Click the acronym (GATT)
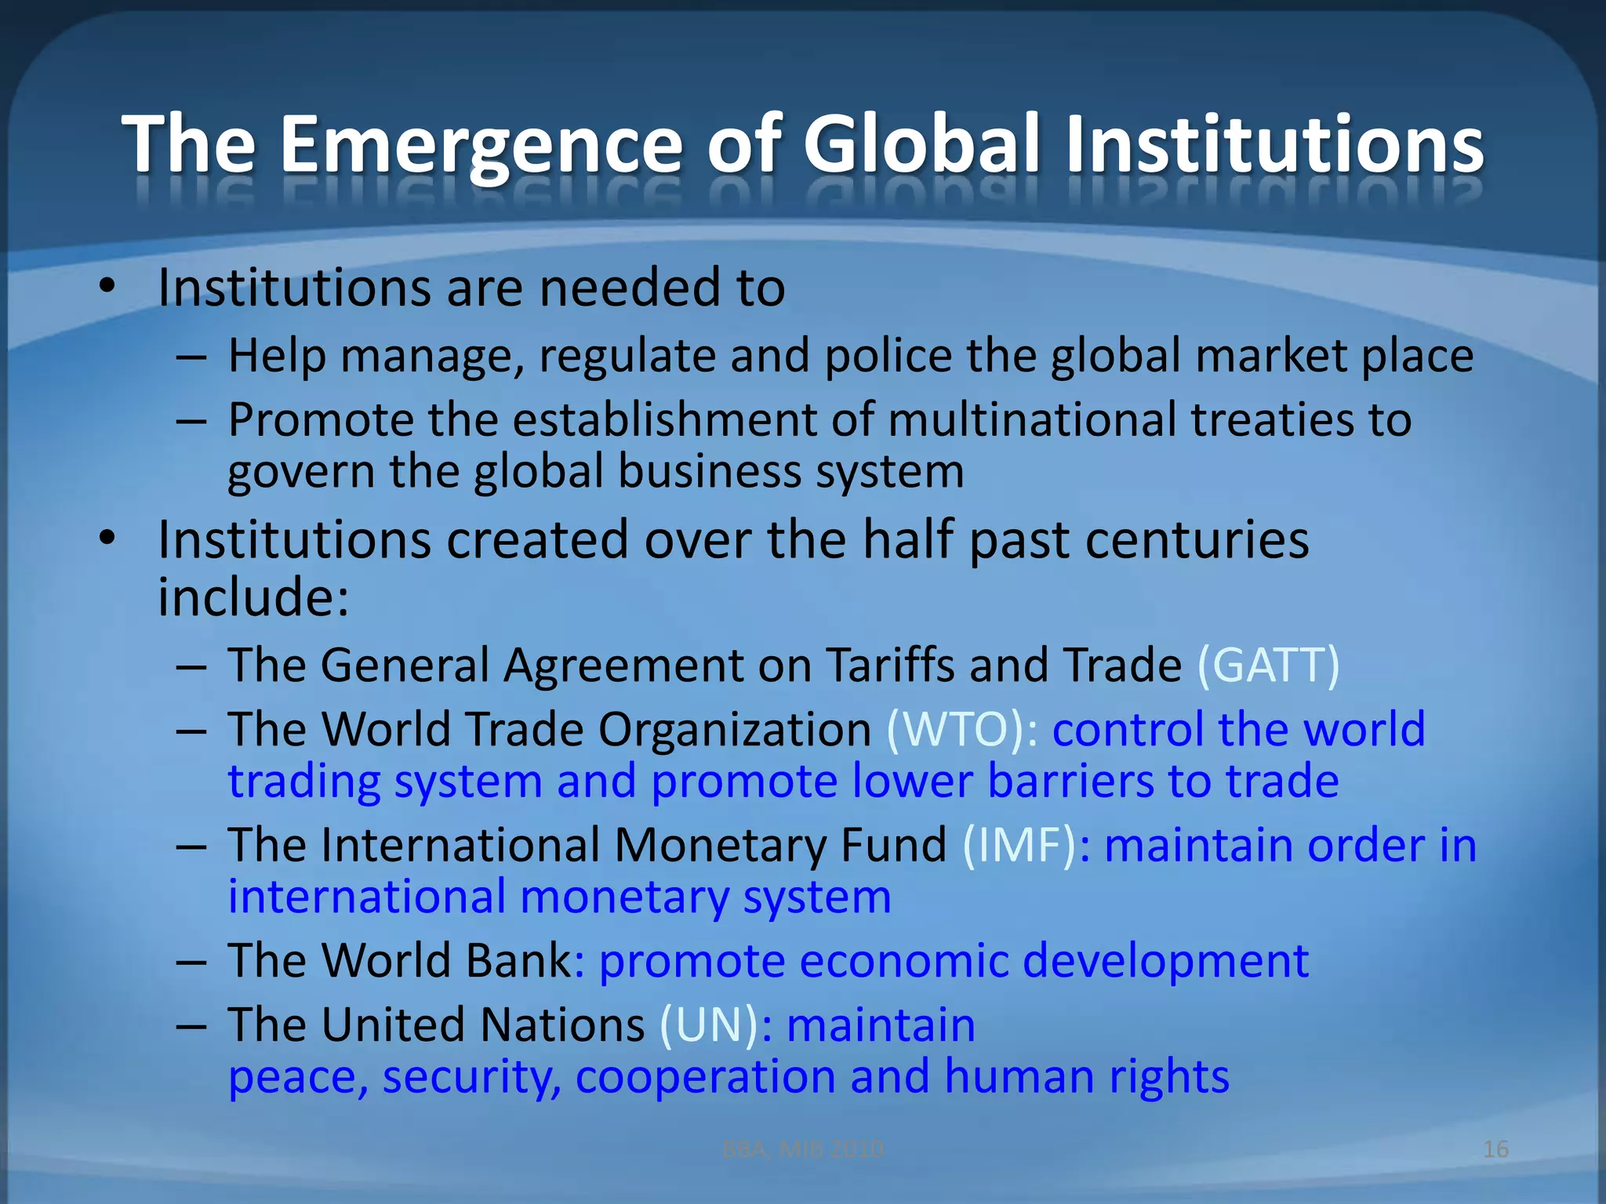click(x=1268, y=665)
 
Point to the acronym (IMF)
click(x=1018, y=846)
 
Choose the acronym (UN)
click(x=708, y=1025)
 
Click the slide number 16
click(x=1495, y=1149)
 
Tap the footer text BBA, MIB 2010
click(x=802, y=1149)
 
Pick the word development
click(x=1165, y=961)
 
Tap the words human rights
click(x=1086, y=1077)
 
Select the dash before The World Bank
click(x=191, y=961)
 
